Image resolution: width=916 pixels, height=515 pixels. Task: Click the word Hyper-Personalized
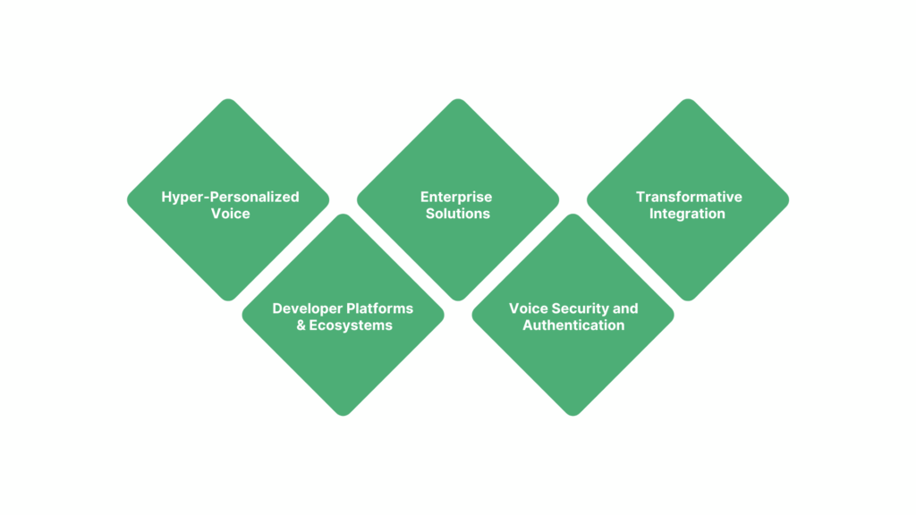pyautogui.click(x=230, y=197)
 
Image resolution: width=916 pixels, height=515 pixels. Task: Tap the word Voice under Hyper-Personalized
pyautogui.click(x=230, y=214)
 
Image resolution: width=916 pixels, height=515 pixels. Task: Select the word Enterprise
pyautogui.click(x=457, y=197)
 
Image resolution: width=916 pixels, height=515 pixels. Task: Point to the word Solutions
pyautogui.click(x=457, y=214)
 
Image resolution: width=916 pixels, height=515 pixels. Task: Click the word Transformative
pyautogui.click(x=689, y=197)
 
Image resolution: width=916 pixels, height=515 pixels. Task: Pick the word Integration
pyautogui.click(x=687, y=214)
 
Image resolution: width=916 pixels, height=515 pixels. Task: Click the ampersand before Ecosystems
pyautogui.click(x=301, y=325)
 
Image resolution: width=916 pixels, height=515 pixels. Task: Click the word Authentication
pyautogui.click(x=573, y=325)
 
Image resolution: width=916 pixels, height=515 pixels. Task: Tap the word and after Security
pyautogui.click(x=625, y=308)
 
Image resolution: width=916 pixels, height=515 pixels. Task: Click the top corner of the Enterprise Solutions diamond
pyautogui.click(x=458, y=101)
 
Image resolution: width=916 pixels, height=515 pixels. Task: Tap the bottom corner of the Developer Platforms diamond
pyautogui.click(x=343, y=413)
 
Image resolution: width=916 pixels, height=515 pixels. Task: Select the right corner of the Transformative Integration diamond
pyautogui.click(x=786, y=199)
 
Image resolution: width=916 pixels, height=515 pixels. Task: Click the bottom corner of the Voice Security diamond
pyautogui.click(x=573, y=413)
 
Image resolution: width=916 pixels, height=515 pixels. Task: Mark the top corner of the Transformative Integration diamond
pyautogui.click(x=688, y=101)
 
